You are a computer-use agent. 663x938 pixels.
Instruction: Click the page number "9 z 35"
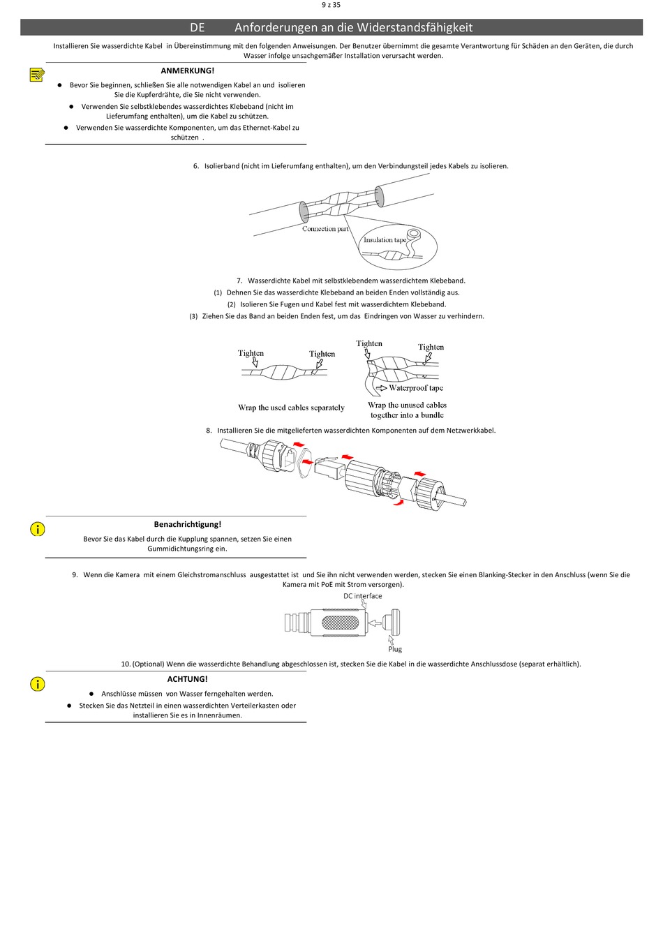331,5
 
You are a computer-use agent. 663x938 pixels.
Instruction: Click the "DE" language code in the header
198,28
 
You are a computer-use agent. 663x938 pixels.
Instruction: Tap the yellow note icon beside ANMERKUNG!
37,75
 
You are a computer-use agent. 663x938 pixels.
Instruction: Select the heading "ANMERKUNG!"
187,70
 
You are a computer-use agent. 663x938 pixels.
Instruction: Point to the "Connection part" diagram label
325,229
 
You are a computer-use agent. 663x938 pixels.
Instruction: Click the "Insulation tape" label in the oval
385,240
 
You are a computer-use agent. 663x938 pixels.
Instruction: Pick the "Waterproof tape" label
416,388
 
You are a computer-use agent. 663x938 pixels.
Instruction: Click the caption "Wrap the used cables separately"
291,408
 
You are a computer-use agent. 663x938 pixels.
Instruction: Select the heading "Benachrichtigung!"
187,524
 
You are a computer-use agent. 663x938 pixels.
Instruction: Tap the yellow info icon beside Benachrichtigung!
38,529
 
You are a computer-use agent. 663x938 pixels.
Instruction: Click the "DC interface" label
362,596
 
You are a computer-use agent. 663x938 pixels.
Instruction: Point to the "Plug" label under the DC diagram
395,649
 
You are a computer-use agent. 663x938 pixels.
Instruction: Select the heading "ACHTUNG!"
187,679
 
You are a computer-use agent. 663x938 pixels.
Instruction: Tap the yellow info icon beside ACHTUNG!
38,684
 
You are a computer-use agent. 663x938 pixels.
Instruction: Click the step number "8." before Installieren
209,431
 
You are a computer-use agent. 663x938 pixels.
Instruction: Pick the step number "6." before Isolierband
196,166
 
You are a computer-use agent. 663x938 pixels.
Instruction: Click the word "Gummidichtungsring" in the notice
177,549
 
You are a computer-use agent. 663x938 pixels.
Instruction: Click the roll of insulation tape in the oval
413,234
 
